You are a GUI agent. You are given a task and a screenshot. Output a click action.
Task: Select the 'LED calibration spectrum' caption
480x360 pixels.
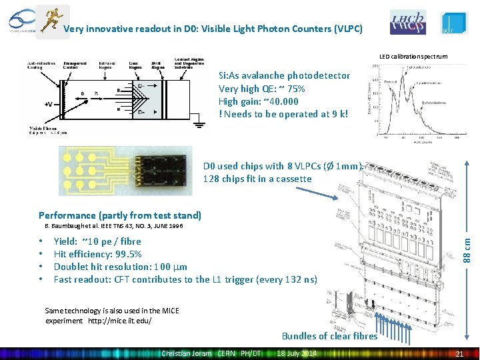tap(413, 57)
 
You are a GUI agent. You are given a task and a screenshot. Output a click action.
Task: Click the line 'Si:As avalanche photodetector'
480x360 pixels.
tap(284, 75)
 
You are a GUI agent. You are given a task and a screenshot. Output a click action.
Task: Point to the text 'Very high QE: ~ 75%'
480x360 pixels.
tap(262, 89)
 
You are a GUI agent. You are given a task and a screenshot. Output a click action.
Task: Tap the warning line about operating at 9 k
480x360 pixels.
tap(283, 114)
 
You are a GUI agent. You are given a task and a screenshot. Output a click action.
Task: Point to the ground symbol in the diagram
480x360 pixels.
tap(198, 123)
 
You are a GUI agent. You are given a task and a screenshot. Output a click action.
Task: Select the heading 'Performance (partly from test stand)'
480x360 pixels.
tap(120, 215)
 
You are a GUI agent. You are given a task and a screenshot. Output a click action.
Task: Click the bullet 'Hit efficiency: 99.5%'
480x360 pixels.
tap(97, 254)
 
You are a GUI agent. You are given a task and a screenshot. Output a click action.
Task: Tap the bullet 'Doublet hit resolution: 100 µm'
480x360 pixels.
tap(120, 267)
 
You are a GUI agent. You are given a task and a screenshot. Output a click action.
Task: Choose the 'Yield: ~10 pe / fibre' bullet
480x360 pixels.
tap(97, 241)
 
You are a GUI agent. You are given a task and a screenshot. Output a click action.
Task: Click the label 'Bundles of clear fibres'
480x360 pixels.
tap(329, 336)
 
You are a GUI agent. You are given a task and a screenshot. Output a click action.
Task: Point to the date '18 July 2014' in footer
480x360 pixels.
tap(297, 353)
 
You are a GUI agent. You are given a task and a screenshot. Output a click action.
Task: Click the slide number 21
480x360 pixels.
tap(459, 353)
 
